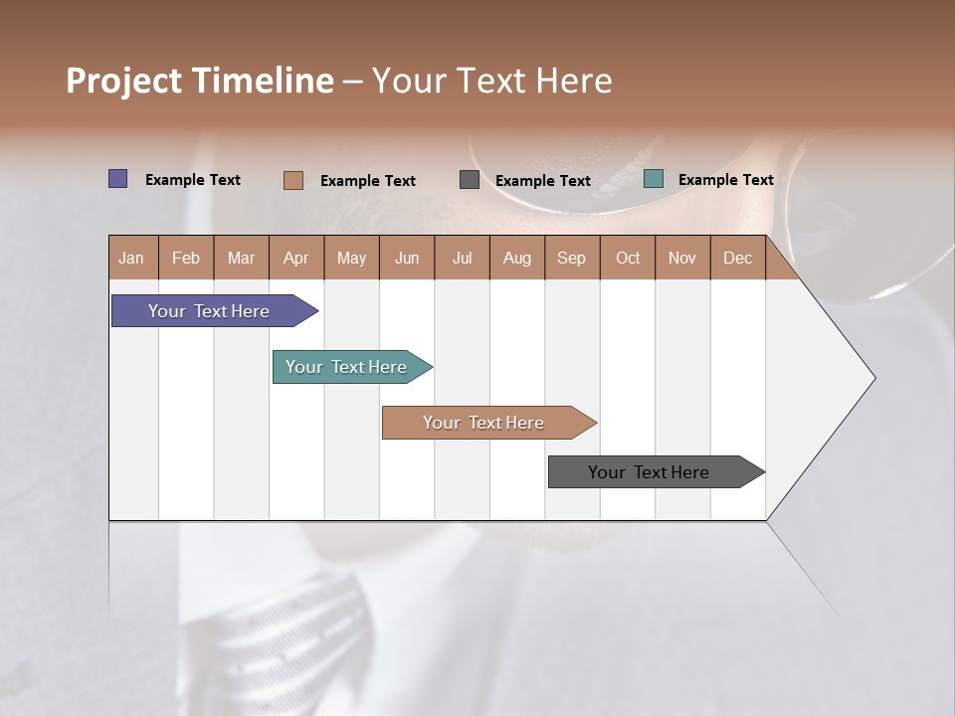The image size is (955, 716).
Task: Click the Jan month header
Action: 132,258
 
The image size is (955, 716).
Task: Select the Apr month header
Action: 296,258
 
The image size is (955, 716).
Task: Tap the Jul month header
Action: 462,258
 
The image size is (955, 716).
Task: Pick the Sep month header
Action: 572,258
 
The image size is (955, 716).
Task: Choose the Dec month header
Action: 737,258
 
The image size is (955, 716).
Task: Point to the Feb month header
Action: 186,258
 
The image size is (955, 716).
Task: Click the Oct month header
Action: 628,258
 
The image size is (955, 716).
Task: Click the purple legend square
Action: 118,179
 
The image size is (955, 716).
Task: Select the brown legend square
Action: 292,180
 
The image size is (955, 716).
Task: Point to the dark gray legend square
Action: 470,180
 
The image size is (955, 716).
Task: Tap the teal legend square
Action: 654,179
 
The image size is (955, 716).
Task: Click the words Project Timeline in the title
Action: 200,81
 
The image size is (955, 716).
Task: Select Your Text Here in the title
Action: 492,81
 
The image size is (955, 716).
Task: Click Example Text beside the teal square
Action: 725,180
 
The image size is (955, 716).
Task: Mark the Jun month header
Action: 407,258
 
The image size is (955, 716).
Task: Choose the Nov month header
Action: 682,258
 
